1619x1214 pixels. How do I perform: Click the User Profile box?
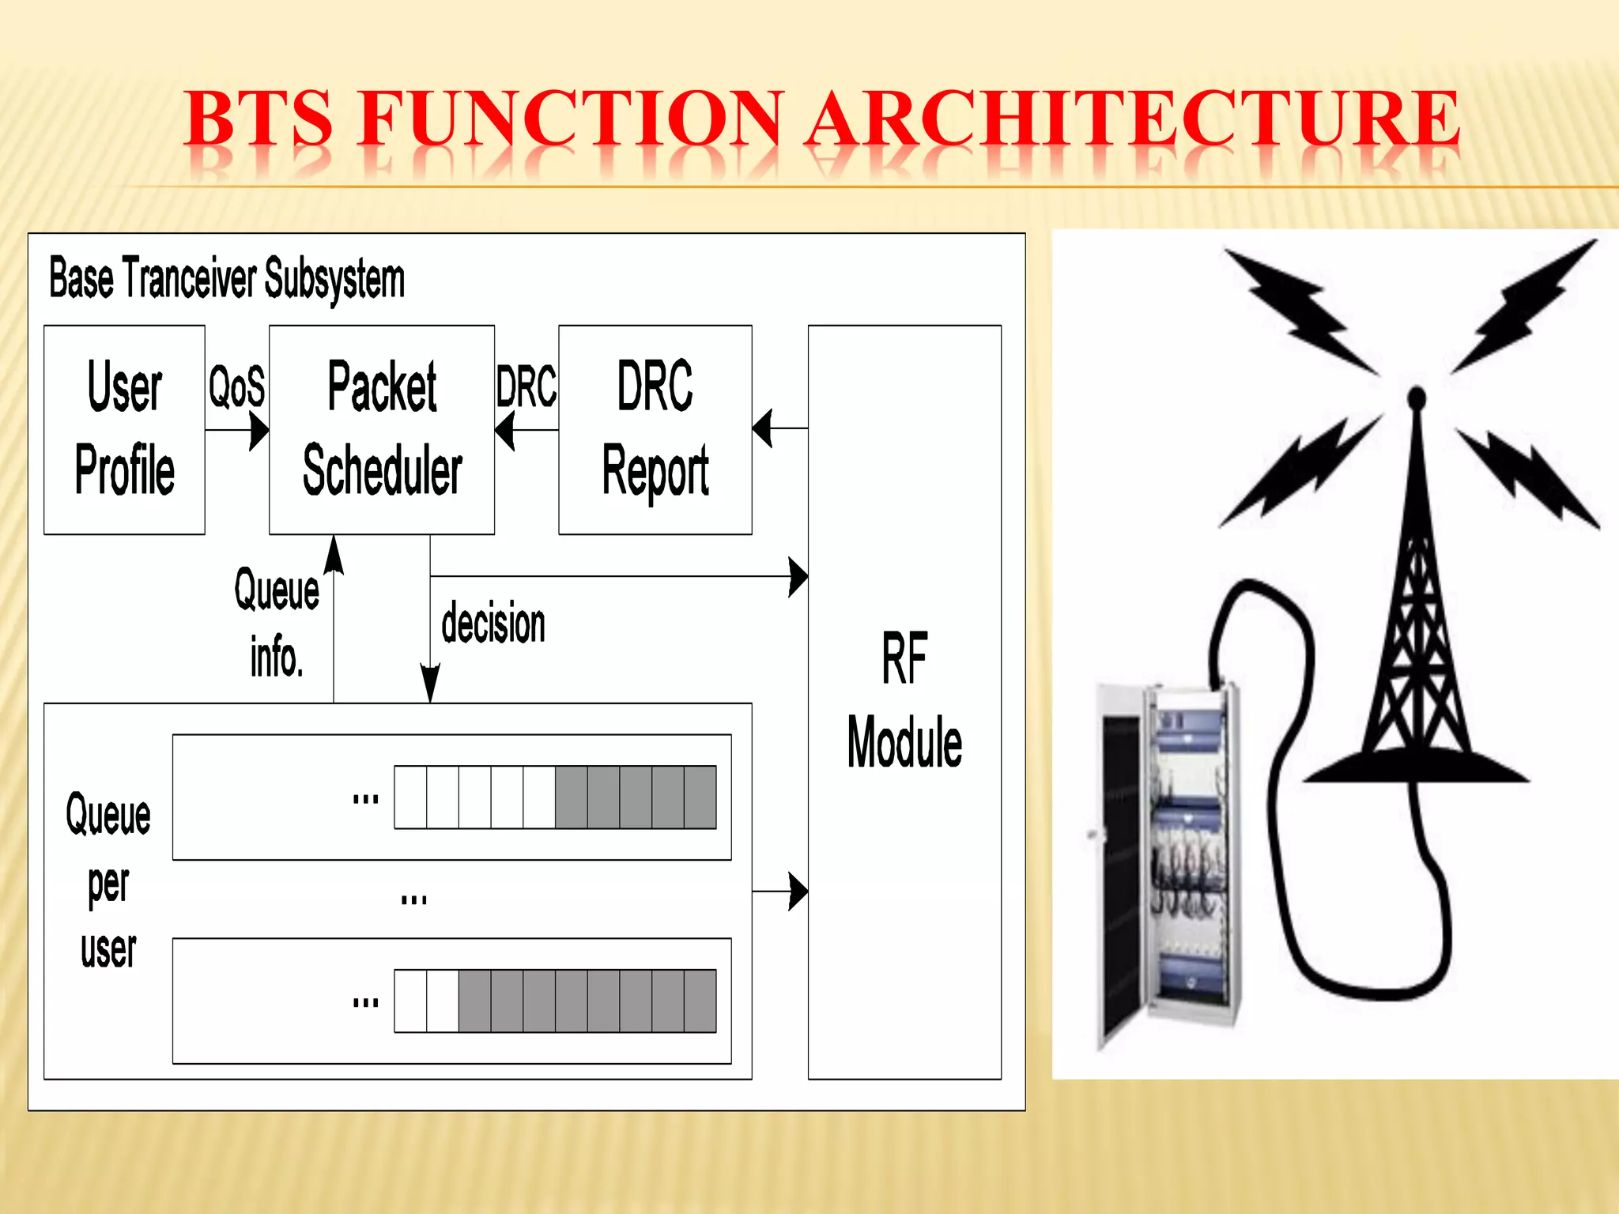(124, 429)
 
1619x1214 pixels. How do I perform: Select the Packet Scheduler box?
(382, 429)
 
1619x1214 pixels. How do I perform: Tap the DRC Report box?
(655, 429)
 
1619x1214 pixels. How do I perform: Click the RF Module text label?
(904, 700)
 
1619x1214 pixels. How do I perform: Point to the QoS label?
(236, 386)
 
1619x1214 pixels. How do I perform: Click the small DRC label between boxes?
(526, 386)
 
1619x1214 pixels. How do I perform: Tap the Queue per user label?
(108, 881)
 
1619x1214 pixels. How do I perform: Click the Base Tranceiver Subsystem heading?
(227, 278)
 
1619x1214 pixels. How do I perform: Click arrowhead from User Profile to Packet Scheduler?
(259, 431)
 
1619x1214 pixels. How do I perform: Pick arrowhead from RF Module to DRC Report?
(762, 428)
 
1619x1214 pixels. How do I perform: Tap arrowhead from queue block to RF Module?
(798, 892)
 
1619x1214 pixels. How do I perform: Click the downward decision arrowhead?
(430, 683)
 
